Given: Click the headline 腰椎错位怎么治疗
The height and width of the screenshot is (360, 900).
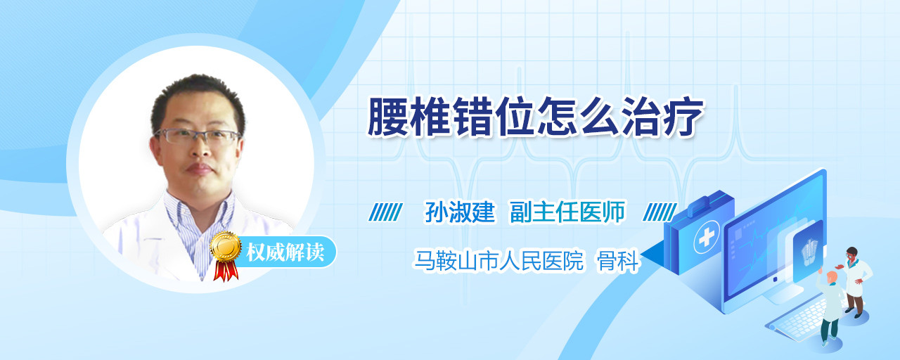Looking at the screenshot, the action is tap(535, 117).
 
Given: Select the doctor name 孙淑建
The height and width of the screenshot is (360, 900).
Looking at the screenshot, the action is tap(460, 212).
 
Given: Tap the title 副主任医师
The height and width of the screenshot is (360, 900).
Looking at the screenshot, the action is tap(567, 212).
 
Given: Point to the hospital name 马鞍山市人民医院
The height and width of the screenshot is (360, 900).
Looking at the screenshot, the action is tap(499, 261).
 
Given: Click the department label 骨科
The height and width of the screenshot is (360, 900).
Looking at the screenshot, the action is tap(618, 261).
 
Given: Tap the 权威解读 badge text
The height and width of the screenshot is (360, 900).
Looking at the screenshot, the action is tap(285, 252).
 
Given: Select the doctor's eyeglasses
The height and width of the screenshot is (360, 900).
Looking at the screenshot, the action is tap(197, 136).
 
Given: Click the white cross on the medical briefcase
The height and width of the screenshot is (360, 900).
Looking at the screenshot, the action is tap(706, 238).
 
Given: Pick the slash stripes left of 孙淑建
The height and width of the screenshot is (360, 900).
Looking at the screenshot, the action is tap(386, 212).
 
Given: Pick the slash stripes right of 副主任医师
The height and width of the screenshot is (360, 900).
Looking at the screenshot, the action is tap(660, 212).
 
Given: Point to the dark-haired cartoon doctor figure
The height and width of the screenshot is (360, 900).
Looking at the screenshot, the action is tap(855, 281).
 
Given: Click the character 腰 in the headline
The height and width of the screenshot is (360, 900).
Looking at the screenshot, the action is tap(387, 117).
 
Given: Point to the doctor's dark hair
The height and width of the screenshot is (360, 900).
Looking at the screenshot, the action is tap(198, 96).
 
